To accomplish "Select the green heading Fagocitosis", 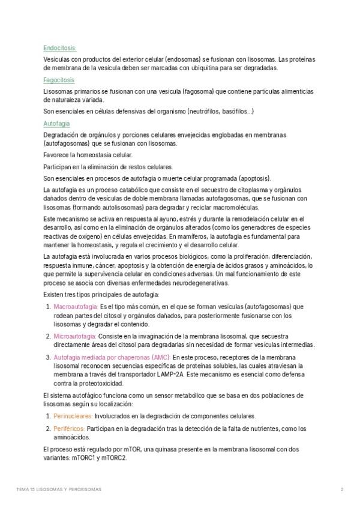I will [x=59, y=80].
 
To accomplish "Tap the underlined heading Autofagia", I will [x=57, y=123].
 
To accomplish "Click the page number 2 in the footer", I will [x=341, y=490].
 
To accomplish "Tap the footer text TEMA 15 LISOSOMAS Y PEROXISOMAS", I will [x=59, y=490].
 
